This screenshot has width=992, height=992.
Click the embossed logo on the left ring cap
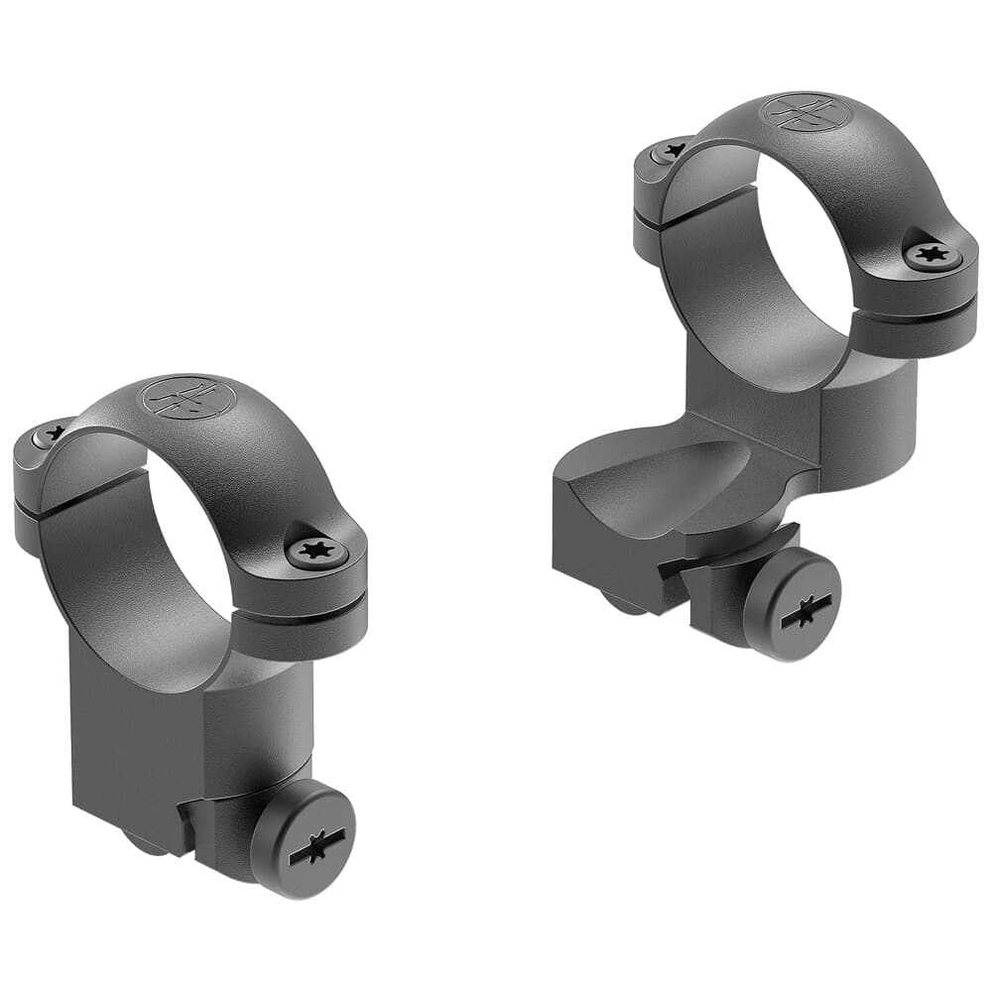[187, 398]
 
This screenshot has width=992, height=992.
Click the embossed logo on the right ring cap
[805, 112]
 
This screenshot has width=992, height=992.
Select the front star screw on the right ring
[932, 256]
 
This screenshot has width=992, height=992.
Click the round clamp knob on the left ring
[303, 838]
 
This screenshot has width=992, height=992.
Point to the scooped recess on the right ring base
[675, 486]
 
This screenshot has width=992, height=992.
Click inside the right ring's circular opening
[794, 258]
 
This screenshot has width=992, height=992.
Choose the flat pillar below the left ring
[129, 734]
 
